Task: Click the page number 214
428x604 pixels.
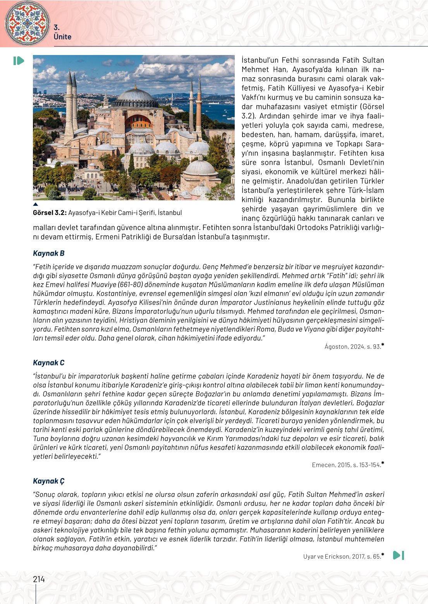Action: tap(39, 579)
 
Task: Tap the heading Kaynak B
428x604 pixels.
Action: tap(49, 253)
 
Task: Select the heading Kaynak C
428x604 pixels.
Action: tap(49, 363)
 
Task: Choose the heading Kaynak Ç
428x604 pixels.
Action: tap(49, 481)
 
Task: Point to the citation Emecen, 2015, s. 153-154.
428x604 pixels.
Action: tap(346, 465)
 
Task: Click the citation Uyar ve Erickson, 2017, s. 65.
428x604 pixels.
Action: tap(342, 557)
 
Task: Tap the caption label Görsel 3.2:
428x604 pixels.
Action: tap(50, 213)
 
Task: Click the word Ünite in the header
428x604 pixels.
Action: tap(62, 37)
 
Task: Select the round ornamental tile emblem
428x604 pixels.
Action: tap(27, 23)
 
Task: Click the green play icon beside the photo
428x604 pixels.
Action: tap(18, 61)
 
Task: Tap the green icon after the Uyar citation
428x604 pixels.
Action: tap(399, 555)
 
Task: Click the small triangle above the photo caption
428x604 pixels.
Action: tap(36, 204)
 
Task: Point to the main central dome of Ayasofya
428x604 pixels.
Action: tap(136, 95)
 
